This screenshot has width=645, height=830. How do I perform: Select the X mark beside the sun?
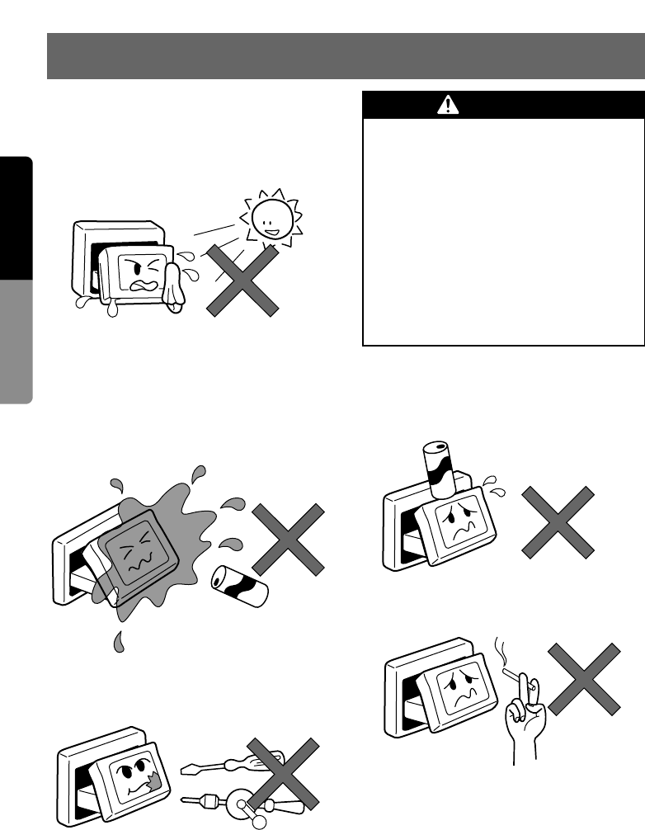[241, 280]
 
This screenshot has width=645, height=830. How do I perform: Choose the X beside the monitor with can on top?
[557, 521]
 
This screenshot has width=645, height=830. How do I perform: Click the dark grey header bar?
[346, 56]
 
